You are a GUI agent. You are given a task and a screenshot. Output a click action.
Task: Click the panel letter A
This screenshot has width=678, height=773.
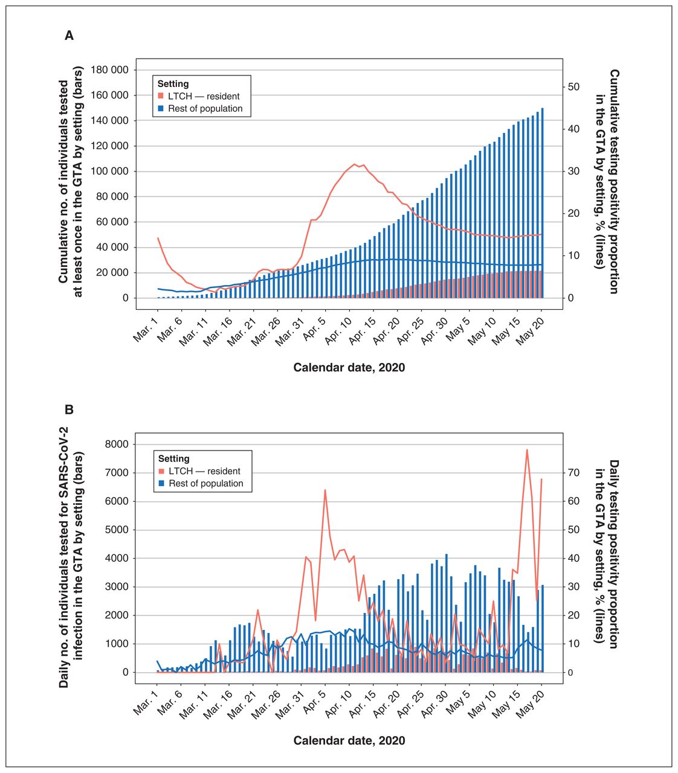point(69,36)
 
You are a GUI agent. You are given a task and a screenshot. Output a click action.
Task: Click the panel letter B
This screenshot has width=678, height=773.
point(69,409)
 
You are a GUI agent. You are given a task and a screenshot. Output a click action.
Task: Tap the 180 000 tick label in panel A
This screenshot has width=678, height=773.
point(109,70)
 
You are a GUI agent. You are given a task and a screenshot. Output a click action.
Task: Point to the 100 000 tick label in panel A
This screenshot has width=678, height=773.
point(109,172)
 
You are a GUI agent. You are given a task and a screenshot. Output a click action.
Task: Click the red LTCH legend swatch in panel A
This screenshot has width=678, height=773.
point(161,96)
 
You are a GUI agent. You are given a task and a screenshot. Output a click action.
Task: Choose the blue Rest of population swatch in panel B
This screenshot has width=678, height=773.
point(161,483)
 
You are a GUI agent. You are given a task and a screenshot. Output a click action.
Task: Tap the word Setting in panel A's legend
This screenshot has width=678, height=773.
point(173,83)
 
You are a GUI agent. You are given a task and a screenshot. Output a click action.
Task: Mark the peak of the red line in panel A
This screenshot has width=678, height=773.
point(354,164)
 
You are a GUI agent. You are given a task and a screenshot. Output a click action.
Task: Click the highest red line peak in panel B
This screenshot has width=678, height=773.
point(527,450)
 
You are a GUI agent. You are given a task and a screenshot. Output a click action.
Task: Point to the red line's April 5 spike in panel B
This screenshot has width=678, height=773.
point(325,490)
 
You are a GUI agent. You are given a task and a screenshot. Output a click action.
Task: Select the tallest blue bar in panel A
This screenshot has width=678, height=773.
point(542,203)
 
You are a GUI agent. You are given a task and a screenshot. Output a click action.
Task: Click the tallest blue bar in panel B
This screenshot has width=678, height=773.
point(447,613)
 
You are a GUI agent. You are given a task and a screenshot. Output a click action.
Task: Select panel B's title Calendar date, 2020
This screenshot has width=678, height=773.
point(349,740)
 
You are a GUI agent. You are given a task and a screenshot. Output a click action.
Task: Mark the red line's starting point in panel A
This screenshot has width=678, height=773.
point(158,238)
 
